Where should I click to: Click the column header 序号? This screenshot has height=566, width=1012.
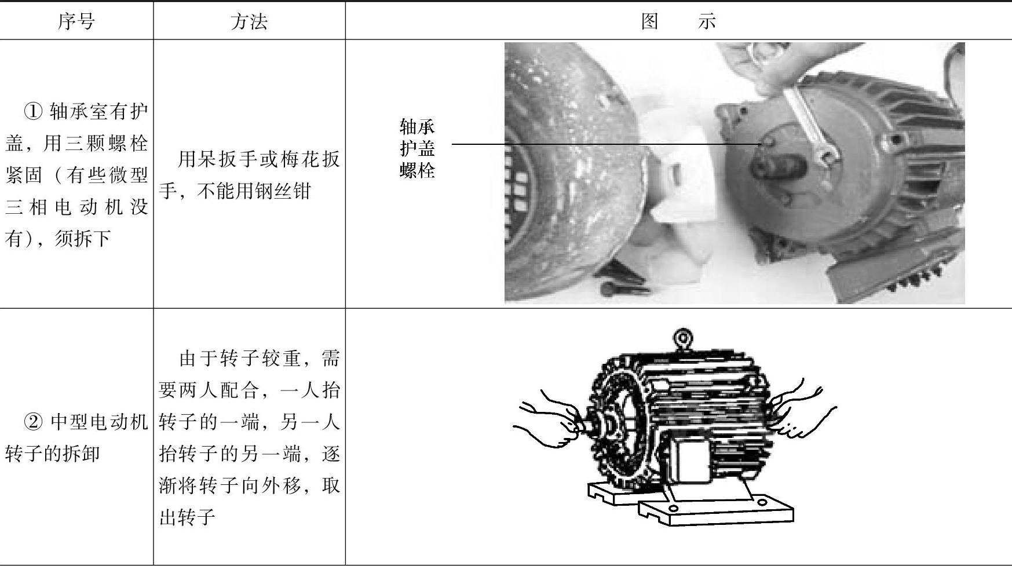[x=76, y=21]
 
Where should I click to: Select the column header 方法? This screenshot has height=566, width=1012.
[x=249, y=21]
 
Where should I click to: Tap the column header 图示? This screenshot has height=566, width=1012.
[x=678, y=21]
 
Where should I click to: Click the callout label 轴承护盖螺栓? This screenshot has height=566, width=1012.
[x=417, y=148]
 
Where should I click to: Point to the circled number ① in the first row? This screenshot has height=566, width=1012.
[x=34, y=111]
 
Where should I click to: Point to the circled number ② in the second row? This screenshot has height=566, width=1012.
[x=34, y=422]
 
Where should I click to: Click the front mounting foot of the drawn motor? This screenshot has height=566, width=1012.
[x=715, y=509]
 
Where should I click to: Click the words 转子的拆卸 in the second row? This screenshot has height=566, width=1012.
[x=52, y=454]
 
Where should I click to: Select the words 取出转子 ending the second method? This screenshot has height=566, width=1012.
[x=249, y=501]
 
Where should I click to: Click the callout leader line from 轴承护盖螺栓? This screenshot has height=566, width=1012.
[x=606, y=144]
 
